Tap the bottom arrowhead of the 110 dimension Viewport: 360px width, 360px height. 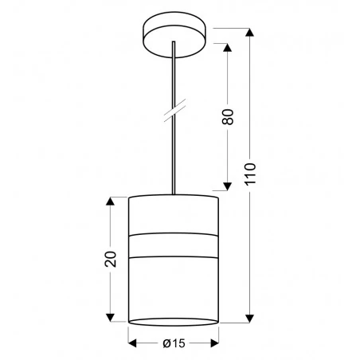pos(250,316)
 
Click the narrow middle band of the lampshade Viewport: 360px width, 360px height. pos(173,246)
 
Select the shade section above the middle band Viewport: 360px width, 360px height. pos(173,215)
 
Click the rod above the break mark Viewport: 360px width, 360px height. pos(173,76)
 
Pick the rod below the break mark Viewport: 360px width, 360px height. pos(173,155)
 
